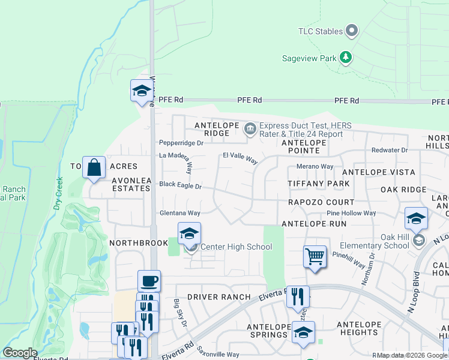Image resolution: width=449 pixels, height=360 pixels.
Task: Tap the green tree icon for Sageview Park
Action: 346,58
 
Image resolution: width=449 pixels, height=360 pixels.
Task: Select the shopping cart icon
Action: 315,257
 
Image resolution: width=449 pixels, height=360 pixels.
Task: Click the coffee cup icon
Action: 149,281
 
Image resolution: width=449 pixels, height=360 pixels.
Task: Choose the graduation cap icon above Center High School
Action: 189,233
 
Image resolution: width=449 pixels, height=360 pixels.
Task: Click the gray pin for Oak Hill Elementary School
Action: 419,240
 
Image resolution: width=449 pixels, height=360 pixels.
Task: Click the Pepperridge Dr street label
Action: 181,143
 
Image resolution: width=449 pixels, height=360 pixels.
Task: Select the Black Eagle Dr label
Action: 180,186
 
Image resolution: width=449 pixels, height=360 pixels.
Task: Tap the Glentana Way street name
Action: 179,213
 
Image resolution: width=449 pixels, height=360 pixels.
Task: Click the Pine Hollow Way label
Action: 351,213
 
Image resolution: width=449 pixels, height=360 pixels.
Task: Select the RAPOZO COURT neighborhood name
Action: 321,202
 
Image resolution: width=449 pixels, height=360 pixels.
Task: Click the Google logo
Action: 20,353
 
